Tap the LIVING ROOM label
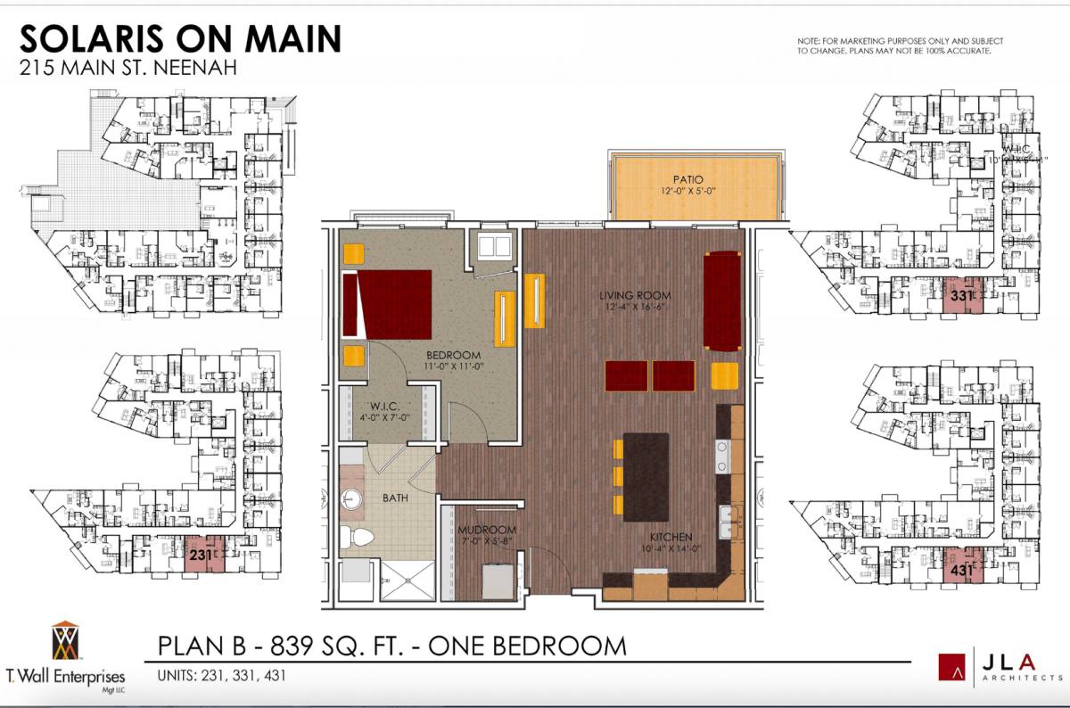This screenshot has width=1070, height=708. (x=634, y=295)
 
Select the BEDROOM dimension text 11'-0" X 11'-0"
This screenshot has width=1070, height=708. (x=454, y=366)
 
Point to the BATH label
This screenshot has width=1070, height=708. (x=395, y=498)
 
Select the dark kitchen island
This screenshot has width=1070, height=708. (x=645, y=476)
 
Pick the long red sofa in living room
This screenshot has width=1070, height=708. (x=722, y=300)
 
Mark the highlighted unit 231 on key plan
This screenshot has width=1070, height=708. (x=202, y=557)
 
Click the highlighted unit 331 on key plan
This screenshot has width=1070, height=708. (x=961, y=295)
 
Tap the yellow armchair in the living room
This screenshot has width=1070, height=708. (x=725, y=375)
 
